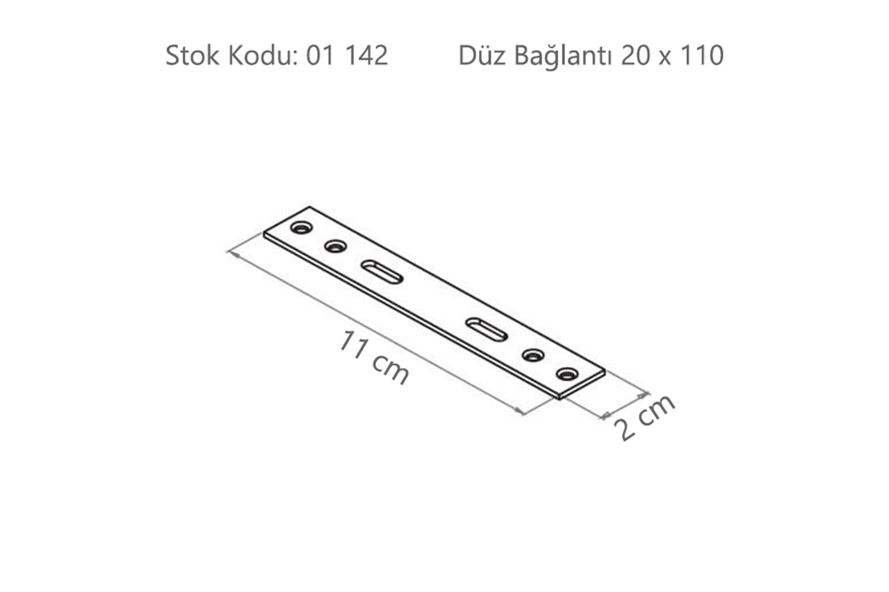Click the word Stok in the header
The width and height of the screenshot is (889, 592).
pos(192,56)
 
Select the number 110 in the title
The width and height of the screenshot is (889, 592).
pos(702,56)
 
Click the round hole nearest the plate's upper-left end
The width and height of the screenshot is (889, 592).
pos(301,227)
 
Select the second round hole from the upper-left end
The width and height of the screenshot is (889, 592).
pos(335,246)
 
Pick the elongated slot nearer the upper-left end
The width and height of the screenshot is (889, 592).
pos(382,272)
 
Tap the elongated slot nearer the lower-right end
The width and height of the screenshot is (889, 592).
pos(487,330)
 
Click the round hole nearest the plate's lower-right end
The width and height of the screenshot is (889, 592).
pos(567,374)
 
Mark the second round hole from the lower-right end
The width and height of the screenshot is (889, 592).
pos(533,356)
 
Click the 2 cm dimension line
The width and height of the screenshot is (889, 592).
pos(625,406)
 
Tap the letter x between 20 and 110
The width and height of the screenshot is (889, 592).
pos(666,57)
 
